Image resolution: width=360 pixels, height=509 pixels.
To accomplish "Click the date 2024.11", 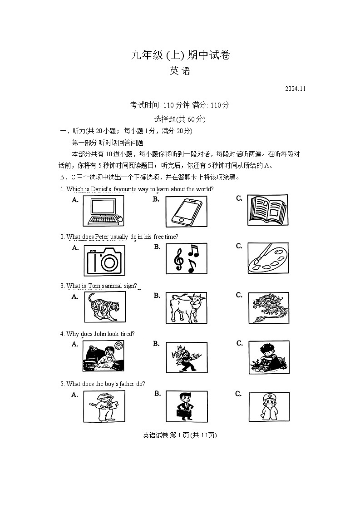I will (x=296, y=89).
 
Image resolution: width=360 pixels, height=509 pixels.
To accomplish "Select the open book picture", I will (x=268, y=210).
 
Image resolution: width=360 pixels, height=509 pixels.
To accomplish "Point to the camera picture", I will (x=104, y=260).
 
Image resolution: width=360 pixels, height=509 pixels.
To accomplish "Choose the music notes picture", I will (x=186, y=259).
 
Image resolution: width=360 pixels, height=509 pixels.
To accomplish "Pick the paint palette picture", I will (x=268, y=258).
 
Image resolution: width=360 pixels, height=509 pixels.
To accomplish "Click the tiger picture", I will (x=104, y=307).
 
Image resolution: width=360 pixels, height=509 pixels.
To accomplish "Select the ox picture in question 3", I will (x=186, y=307).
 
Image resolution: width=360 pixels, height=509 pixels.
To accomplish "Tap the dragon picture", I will (x=268, y=307).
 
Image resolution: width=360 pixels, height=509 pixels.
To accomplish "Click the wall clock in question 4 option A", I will (x=118, y=346).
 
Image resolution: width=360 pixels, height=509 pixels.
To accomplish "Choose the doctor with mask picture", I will (x=269, y=406).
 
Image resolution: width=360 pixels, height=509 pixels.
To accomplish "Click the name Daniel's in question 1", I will (x=101, y=189).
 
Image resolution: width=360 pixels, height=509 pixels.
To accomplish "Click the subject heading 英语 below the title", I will (x=180, y=71).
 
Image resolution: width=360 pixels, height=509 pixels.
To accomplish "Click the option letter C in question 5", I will (x=238, y=394).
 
